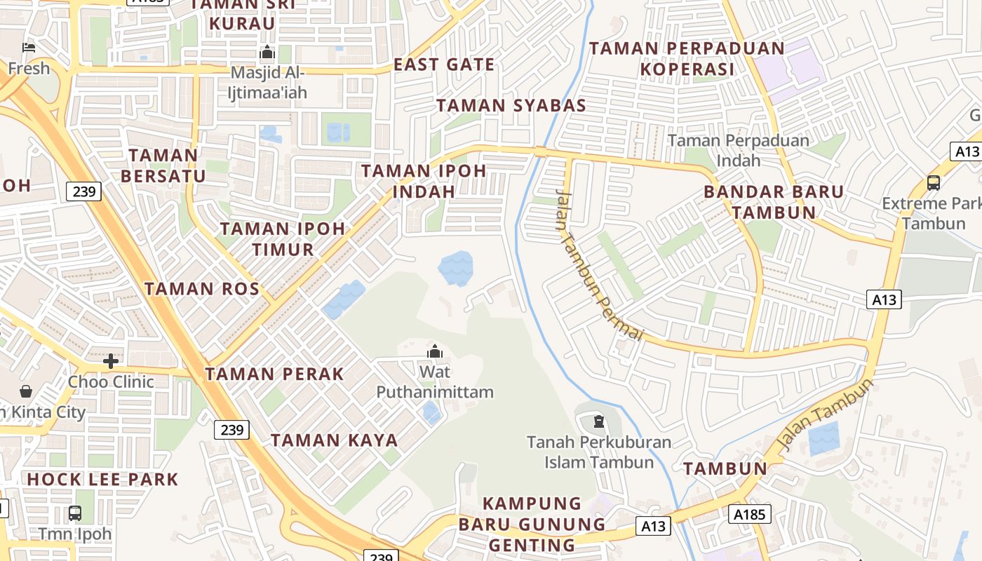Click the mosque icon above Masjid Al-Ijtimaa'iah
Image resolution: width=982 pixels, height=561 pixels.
pos(267,53)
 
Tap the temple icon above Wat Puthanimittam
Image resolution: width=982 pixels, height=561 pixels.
pos(435,351)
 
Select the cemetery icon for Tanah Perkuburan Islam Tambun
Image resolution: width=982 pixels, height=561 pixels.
pos(598,421)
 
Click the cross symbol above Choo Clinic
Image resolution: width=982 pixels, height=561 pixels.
pos(111,361)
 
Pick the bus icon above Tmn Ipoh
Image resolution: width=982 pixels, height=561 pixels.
pos(75,513)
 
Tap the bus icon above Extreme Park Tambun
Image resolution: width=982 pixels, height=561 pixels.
pos(934,183)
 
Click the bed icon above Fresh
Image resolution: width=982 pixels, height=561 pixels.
pos(29,48)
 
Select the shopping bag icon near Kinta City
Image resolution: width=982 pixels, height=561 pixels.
pos(26,391)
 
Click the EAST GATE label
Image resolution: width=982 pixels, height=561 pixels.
pos(444,65)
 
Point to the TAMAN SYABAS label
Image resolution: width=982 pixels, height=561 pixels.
pos(511,106)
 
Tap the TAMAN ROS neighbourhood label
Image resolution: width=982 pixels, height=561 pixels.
pos(202,288)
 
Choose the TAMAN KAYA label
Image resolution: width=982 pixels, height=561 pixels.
pos(335,440)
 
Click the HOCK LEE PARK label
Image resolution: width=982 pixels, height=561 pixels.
pos(102,480)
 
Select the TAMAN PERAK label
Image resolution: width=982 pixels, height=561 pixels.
pos(274,374)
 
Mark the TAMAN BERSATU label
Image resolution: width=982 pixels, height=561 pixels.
pos(163,165)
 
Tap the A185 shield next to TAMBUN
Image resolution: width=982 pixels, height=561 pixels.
pos(749,514)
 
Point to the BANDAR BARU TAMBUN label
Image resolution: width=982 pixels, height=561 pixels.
pos(774,202)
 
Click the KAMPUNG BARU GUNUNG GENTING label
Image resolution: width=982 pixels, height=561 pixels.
pos(532,524)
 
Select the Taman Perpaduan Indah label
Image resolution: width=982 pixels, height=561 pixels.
pos(739,150)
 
